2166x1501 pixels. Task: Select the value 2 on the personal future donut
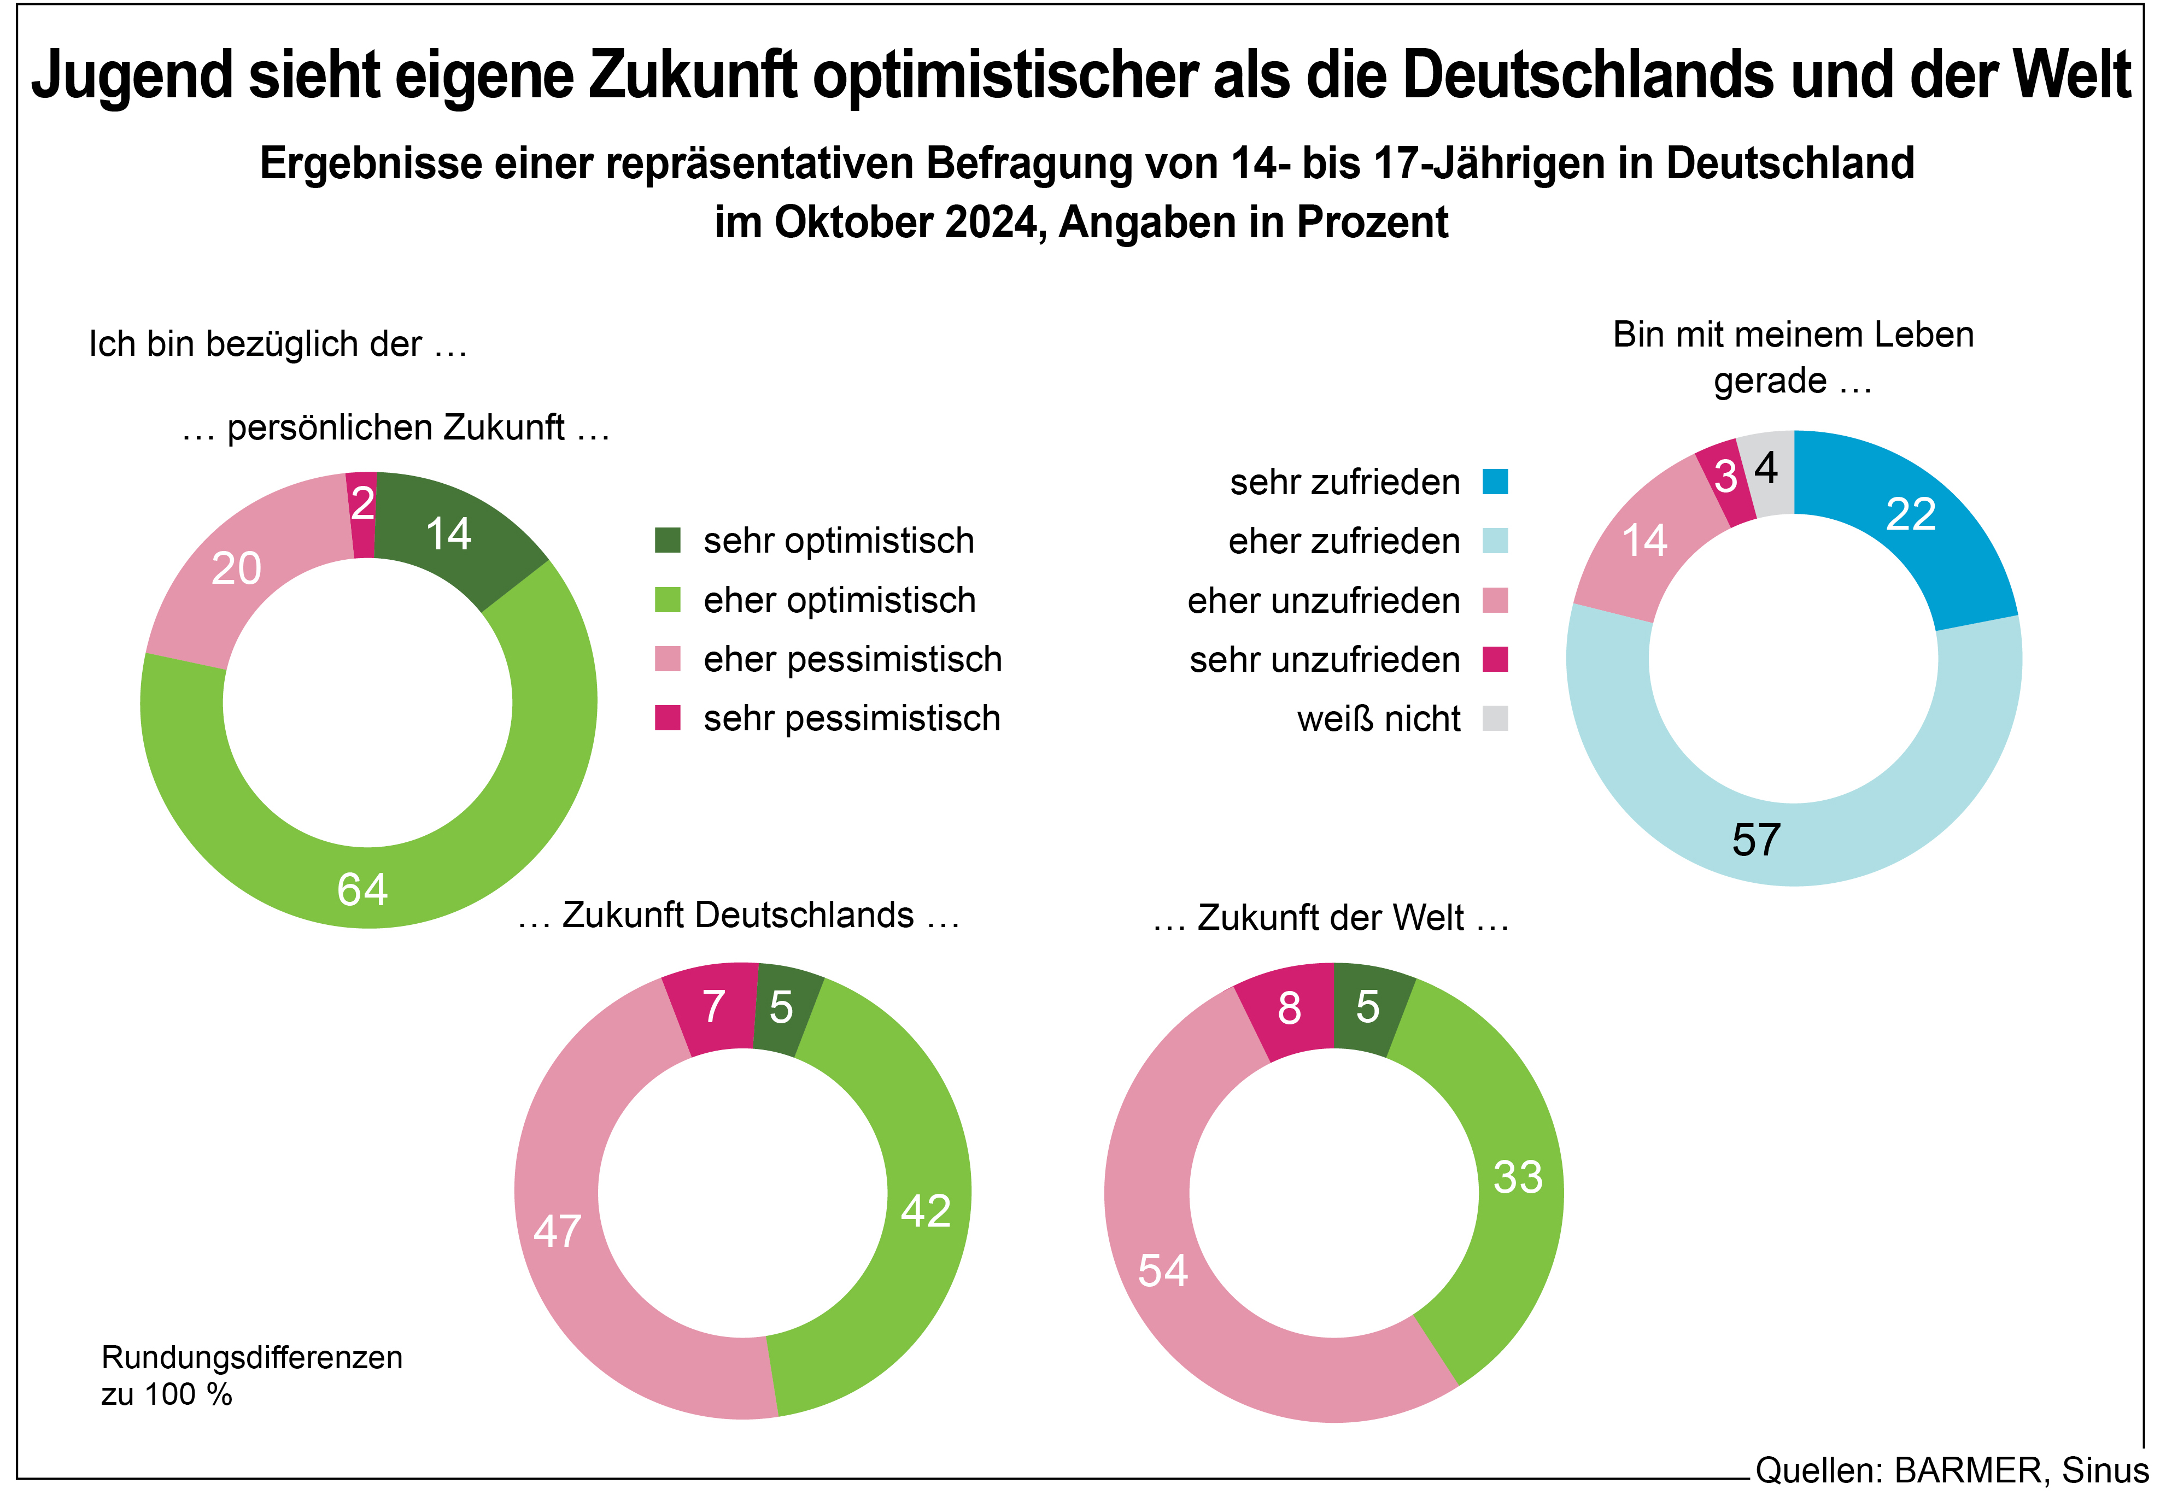tap(362, 503)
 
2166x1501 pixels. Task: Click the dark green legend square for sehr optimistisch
tap(667, 541)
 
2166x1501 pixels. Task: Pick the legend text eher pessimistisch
tap(852, 659)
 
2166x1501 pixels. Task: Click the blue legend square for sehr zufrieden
tap(1495, 482)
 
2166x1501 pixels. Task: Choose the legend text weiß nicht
tap(1378, 719)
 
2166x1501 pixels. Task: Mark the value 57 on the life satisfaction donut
tap(1756, 840)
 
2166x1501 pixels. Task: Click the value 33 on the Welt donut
tap(1518, 1176)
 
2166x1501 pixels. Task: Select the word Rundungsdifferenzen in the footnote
tap(252, 1357)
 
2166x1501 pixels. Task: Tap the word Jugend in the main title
tap(132, 75)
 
